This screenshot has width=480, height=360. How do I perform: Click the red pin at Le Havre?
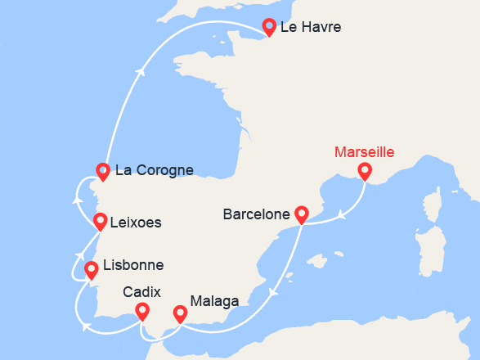click(x=267, y=27)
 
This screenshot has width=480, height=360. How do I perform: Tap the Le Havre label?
click(x=310, y=28)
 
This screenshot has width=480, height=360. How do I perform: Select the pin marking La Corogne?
click(x=102, y=171)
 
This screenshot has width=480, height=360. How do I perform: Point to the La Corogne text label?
click(x=155, y=171)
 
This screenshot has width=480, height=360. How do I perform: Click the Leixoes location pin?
click(x=100, y=221)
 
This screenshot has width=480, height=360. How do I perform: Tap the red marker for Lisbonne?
click(x=92, y=268)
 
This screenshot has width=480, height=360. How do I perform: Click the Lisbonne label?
click(x=133, y=266)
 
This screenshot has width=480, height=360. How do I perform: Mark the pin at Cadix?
click(x=142, y=311)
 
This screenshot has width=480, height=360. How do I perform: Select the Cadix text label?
click(x=141, y=292)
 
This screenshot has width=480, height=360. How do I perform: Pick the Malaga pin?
click(x=180, y=313)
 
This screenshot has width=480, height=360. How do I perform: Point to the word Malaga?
click(x=214, y=301)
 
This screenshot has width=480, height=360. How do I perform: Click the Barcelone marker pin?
click(x=301, y=214)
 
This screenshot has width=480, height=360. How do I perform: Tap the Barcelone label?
click(x=257, y=215)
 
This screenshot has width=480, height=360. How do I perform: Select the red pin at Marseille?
click(x=364, y=171)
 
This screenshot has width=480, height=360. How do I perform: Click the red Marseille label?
click(x=365, y=152)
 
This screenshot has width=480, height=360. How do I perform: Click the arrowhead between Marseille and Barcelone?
click(x=340, y=217)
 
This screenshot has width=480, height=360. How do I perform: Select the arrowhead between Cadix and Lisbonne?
click(x=86, y=327)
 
